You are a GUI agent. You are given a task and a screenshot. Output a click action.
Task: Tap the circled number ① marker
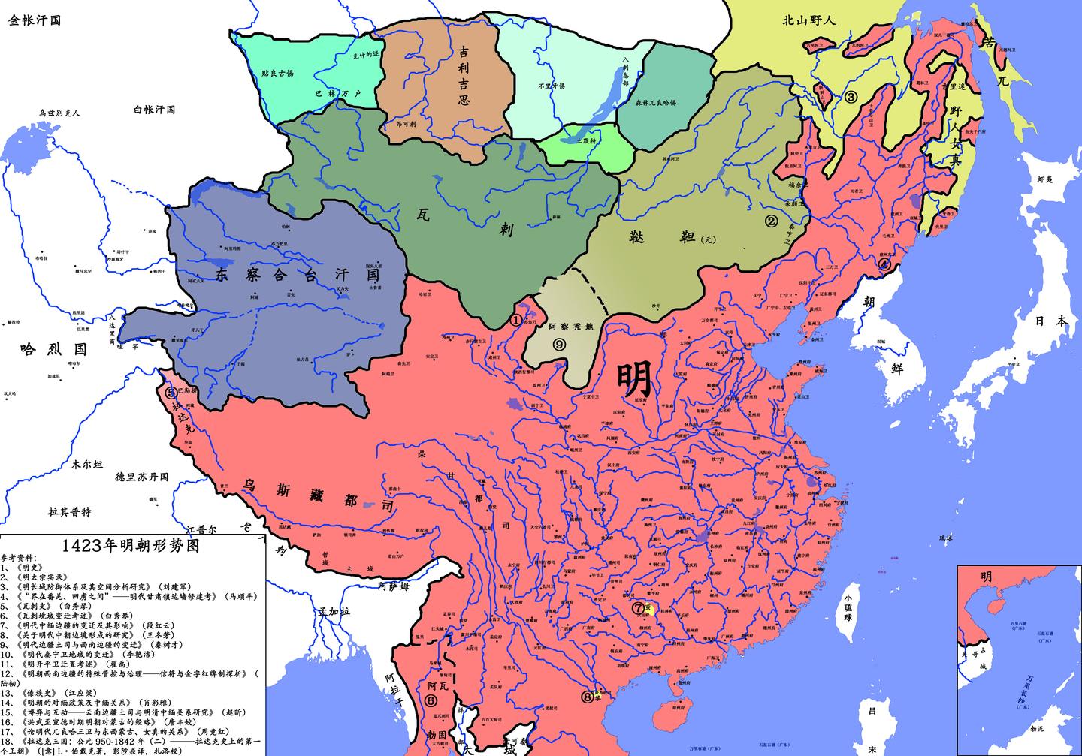tap(515, 318)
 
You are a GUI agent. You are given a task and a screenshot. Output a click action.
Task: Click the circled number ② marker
tap(770, 221)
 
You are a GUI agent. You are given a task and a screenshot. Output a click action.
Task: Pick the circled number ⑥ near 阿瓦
tap(430, 700)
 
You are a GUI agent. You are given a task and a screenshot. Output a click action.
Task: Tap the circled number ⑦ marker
tap(637, 608)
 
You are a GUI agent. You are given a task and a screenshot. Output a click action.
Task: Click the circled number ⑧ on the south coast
tap(588, 696)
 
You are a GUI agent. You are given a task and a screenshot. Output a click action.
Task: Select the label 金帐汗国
tap(35, 20)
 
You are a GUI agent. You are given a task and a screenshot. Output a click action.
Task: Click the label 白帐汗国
tap(154, 110)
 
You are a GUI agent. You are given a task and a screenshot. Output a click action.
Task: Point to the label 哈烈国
tap(53, 349)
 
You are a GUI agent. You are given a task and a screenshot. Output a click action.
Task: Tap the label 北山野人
tap(808, 20)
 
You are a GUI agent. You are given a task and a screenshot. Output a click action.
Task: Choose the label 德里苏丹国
tap(142, 477)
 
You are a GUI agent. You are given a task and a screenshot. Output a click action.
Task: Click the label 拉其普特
tap(70, 511)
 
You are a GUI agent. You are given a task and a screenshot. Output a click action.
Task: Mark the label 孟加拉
tap(334, 611)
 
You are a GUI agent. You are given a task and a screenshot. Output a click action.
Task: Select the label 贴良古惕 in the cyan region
tap(278, 74)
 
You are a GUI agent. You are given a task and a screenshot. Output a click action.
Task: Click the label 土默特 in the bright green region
tap(586, 140)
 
